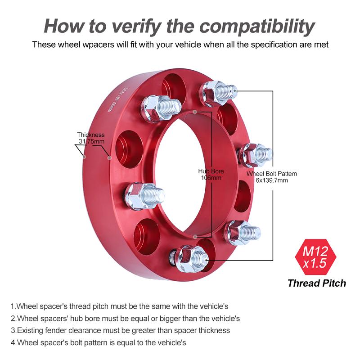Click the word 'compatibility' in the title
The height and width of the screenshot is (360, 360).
pyautogui.click(x=257, y=26)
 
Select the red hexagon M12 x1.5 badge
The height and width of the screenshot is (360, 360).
pyautogui.click(x=315, y=257)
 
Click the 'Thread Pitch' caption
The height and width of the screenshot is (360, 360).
pyautogui.click(x=317, y=283)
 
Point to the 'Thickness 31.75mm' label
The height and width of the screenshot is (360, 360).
pyautogui.click(x=91, y=138)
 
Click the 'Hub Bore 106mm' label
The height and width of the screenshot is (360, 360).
pyautogui.click(x=211, y=174)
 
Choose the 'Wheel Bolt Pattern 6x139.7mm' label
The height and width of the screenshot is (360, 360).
pyautogui.click(x=272, y=177)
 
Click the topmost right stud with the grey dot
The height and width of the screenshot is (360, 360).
pyautogui.click(x=218, y=93)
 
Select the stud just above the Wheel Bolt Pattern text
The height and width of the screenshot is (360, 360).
pyautogui.click(x=254, y=154)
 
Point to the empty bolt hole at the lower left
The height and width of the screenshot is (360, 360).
pyautogui.click(x=147, y=237)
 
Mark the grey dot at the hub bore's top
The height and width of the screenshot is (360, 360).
pyautogui.click(x=195, y=112)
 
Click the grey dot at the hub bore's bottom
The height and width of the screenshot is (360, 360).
pyautogui.click(x=195, y=236)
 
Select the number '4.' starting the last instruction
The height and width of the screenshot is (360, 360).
pyautogui.click(x=14, y=342)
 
